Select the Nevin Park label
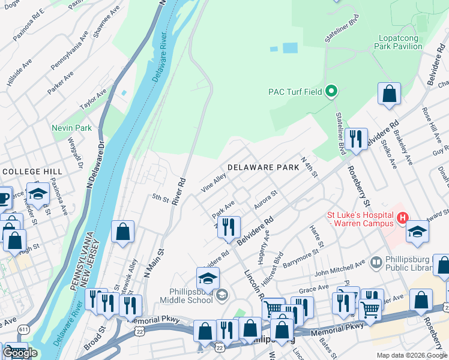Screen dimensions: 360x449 pyautogui.click(x=71, y=128)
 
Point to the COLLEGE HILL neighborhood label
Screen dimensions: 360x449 pyautogui.click(x=25, y=172)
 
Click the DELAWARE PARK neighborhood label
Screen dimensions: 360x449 pyautogui.click(x=262, y=168)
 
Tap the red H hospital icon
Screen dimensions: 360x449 pyautogui.click(x=403, y=217)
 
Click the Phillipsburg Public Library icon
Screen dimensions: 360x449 pyautogui.click(x=376, y=262)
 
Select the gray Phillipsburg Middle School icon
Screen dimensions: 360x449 pyautogui.click(x=222, y=293)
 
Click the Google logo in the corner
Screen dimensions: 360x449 pyautogui.click(x=19, y=353)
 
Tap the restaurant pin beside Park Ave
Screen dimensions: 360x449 pyautogui.click(x=229, y=227)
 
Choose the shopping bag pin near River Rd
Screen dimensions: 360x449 pyautogui.click(x=122, y=233)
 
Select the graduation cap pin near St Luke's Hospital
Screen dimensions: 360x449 pyautogui.click(x=418, y=231)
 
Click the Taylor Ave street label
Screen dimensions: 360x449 pyautogui.click(x=93, y=99)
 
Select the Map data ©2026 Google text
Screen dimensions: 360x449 pyautogui.click(x=411, y=355)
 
